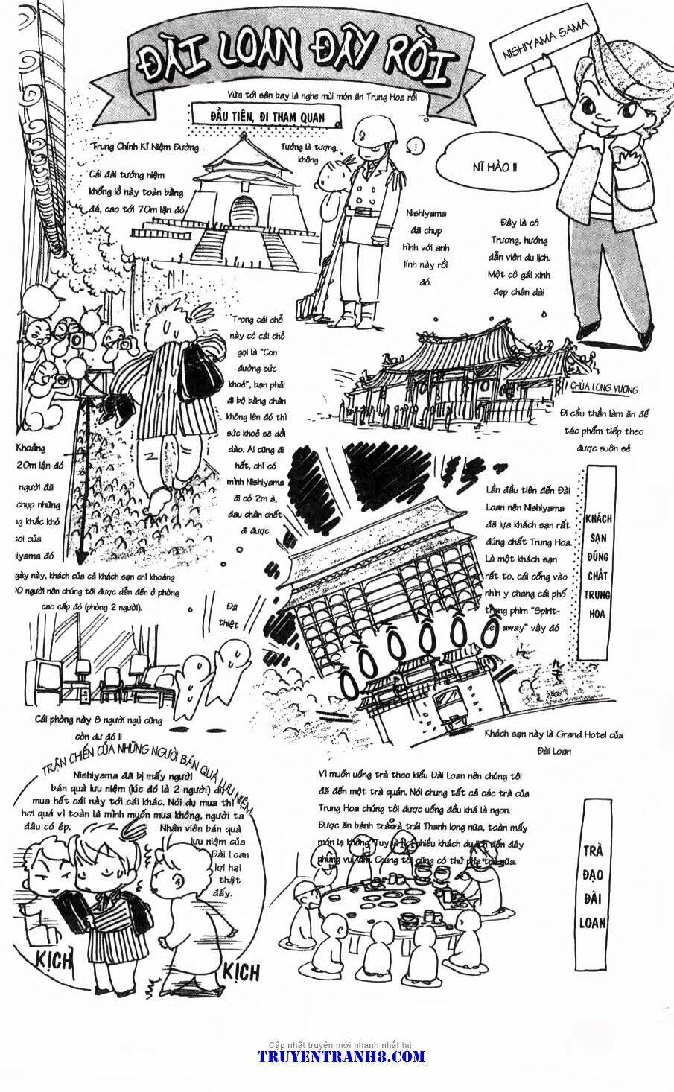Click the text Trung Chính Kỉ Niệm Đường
coord(145,147)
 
